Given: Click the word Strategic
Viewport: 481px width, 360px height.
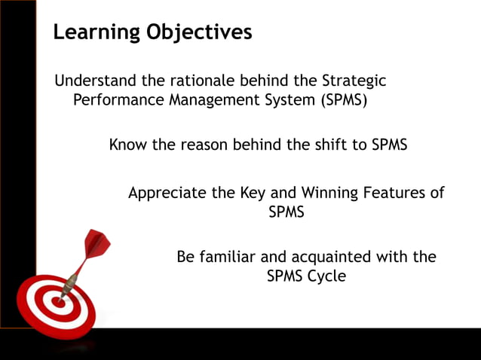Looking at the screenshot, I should point(354,81).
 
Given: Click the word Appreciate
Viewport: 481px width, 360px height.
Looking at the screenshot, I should point(167,193).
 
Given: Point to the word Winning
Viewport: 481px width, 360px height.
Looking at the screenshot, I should point(310,193).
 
